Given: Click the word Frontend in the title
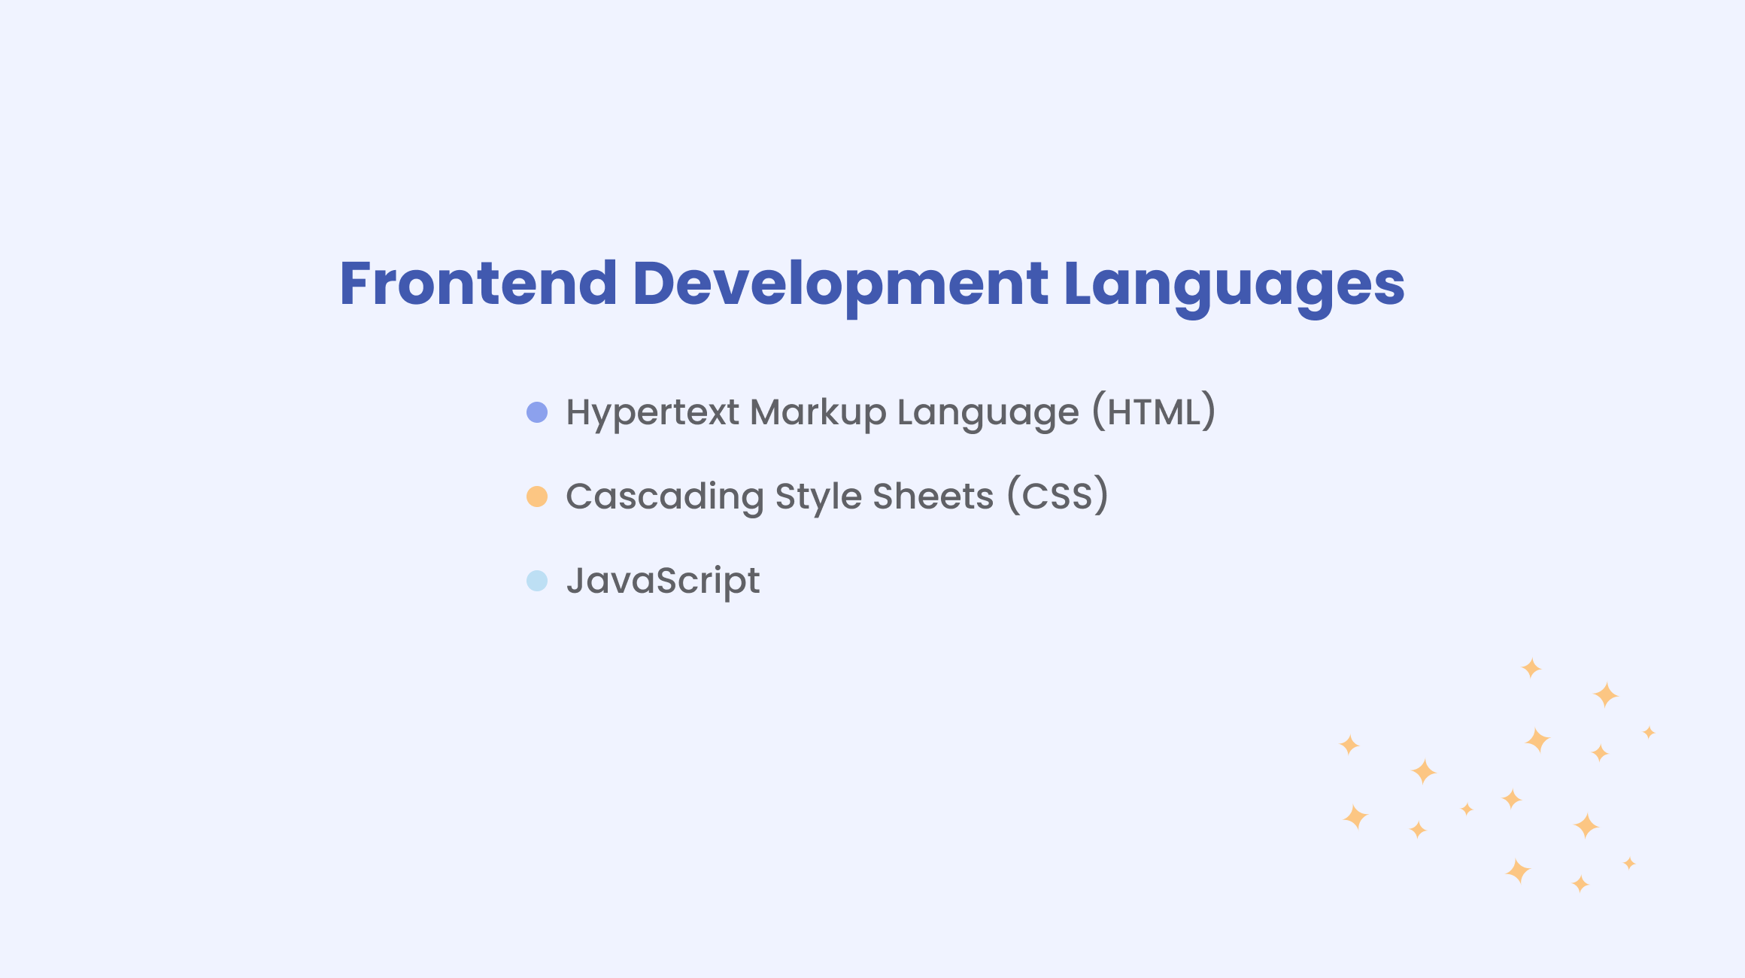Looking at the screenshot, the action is point(478,283).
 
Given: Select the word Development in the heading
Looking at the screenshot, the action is point(840,286).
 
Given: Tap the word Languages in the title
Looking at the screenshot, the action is point(1234,286).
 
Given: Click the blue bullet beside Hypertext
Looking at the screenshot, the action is point(537,412).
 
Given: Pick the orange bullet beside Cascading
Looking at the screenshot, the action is point(537,497).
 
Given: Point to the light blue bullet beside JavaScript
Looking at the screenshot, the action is point(537,581).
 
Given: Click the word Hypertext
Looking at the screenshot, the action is point(653,413).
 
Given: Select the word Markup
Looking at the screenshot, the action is point(818,413).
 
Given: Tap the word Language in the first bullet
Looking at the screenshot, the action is point(988,413).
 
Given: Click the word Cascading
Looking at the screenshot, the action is point(665,497).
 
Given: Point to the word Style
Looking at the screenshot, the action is point(818,497).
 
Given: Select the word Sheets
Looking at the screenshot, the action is point(933,497).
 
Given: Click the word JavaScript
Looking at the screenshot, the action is point(663,582).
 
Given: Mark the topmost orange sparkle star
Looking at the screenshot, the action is point(1531,668).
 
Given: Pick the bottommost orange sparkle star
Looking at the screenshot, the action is point(1580,884).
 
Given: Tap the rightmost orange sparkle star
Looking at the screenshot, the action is point(1649,732).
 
